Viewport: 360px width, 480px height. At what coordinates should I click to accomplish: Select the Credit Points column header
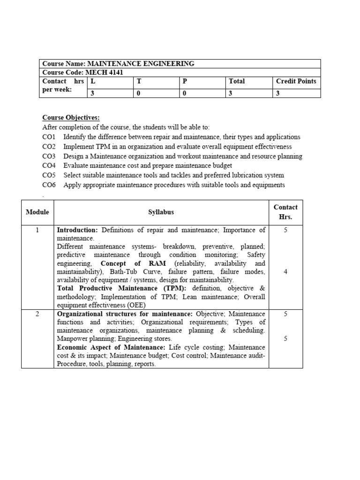[x=296, y=81]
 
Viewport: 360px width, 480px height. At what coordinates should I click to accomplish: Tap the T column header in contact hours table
[x=138, y=81]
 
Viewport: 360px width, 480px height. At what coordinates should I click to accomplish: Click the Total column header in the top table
[x=237, y=81]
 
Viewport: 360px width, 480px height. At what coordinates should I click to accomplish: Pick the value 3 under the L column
[x=92, y=93]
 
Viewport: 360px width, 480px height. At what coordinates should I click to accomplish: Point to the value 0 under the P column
[x=184, y=93]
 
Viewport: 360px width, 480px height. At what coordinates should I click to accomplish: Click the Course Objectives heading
[x=71, y=117]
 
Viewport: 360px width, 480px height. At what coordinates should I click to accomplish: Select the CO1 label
[x=49, y=137]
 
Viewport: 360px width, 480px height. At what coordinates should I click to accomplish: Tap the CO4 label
[x=49, y=165]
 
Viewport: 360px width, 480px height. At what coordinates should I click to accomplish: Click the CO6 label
[x=49, y=185]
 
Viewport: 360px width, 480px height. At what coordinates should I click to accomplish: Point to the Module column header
[x=37, y=212]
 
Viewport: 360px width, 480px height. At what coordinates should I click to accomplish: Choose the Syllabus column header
[x=161, y=212]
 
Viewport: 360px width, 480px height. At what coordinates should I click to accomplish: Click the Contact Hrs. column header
[x=285, y=212]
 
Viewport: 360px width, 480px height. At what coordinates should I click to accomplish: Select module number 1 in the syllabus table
[x=37, y=230]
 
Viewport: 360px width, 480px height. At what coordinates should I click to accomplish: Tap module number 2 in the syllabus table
[x=37, y=314]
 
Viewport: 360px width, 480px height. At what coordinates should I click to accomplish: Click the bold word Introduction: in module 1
[x=77, y=230]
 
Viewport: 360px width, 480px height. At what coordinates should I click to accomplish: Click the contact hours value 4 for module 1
[x=285, y=272]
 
